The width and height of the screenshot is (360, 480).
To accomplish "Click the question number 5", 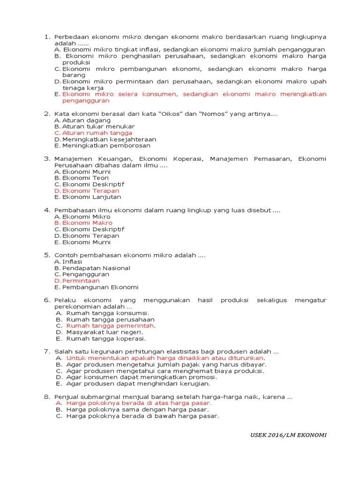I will [47, 255].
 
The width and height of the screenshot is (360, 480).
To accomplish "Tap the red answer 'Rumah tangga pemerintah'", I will [110, 326].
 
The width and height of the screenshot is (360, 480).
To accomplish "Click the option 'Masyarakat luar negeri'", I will [105, 332].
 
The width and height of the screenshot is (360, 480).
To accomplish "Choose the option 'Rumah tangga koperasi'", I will [106, 338].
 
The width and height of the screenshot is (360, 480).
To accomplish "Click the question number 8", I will [47, 397].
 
